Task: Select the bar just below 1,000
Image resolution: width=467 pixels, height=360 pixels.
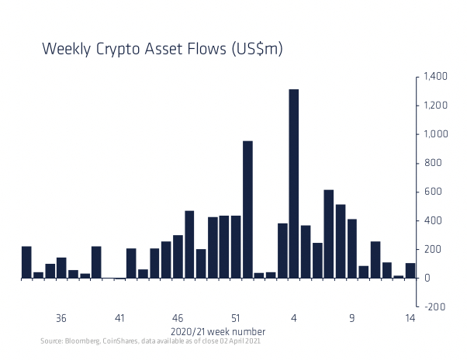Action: (247, 209)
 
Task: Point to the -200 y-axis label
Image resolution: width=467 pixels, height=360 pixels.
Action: (434, 306)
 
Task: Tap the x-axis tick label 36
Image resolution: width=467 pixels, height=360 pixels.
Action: (61, 318)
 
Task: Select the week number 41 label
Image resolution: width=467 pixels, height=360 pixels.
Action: (119, 318)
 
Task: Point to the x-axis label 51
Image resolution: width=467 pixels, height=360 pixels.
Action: (236, 318)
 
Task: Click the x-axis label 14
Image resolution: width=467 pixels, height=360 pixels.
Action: (410, 318)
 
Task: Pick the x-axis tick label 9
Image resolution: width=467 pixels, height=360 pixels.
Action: (352, 318)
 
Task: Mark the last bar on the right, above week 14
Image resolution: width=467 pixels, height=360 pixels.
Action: (410, 270)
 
